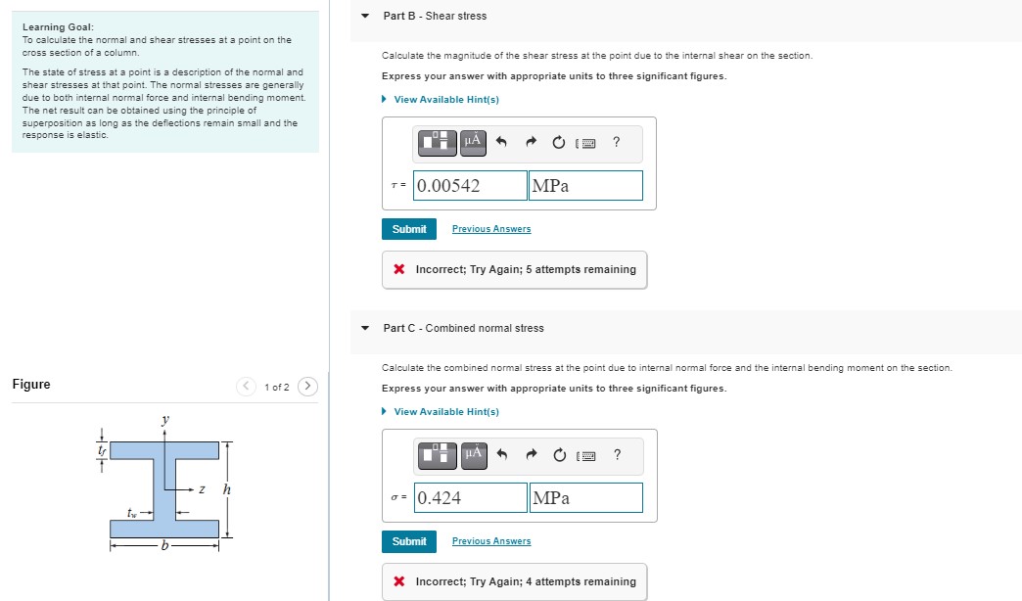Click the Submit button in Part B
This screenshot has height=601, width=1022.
coord(408,229)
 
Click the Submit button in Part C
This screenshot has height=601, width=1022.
coord(408,541)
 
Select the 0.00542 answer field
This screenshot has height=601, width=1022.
coord(470,186)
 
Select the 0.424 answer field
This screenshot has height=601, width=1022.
coord(470,498)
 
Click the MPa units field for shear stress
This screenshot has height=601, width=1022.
coord(585,186)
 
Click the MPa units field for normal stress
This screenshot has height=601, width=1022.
coord(585,498)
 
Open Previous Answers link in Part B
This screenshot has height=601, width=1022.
coord(491,229)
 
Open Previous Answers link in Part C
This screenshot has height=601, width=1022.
coord(491,541)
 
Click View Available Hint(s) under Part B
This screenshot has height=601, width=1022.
coord(445,100)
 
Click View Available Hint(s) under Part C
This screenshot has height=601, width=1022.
coord(445,412)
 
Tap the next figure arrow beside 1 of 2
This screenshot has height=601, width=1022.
coord(307,387)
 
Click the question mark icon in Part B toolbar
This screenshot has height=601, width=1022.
coord(616,142)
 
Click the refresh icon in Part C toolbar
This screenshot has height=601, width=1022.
coord(558,455)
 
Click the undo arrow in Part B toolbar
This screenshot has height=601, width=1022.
coord(501,143)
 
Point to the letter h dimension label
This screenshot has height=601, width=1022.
coord(226,488)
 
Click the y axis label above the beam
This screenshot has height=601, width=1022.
coord(164,420)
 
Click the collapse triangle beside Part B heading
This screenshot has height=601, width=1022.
coord(365,16)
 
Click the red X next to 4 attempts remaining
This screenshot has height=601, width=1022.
coord(399,581)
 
